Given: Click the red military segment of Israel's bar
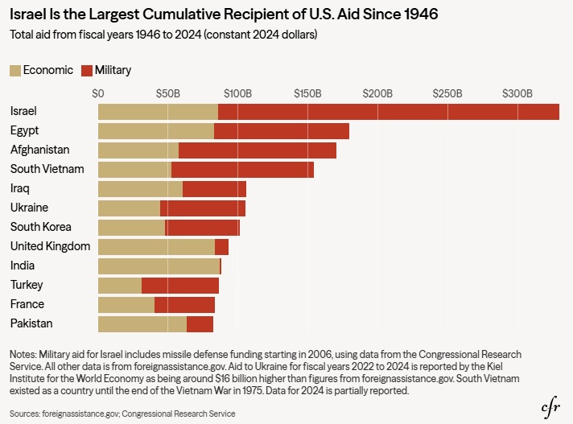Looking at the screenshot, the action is coord(389,112).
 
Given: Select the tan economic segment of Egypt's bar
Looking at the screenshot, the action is coord(156,131).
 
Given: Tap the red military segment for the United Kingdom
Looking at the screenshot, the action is coord(221,247).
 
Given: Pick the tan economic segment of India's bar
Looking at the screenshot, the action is coord(159,266).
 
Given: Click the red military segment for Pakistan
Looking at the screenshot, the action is coord(200,324).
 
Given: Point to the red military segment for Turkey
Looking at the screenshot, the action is coord(180,286).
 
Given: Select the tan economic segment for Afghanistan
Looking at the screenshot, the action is coord(138,150).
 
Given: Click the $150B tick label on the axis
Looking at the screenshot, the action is coord(307,94).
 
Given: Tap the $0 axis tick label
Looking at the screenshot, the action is coord(98,94).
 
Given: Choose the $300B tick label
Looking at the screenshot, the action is coord(517,94).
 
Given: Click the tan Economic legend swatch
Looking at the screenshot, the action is coord(15,71).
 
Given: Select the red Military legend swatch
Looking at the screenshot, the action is coord(87,71).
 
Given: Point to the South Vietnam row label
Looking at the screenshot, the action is coord(47,169).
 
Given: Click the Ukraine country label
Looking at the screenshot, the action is coord(29,208).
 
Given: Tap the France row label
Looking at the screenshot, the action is coord(27,304).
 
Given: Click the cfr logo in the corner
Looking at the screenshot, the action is coord(550,407).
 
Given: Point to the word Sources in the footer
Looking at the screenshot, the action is coord(24,414).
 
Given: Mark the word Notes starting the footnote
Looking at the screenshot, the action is coord(23,355).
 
